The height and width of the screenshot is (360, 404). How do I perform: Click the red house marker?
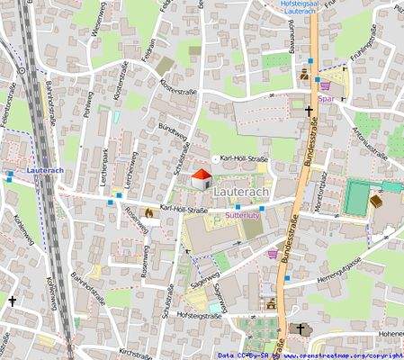click(x=199, y=178)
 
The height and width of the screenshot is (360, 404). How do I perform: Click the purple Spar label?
click(x=327, y=99)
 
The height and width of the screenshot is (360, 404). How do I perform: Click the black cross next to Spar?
click(x=309, y=112)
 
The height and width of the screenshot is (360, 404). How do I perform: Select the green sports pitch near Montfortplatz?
click(x=355, y=196)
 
